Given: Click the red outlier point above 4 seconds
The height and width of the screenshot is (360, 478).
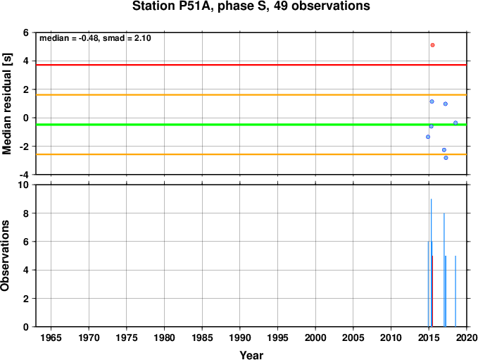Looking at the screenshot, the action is coord(432,45).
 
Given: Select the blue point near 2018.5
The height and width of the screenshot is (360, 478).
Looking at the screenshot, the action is coord(455,123).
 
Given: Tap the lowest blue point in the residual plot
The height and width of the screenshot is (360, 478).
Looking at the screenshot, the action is coord(446,158).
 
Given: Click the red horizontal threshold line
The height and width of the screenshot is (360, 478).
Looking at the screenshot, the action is coord(251,65).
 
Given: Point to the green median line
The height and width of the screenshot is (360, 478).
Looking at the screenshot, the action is coord(251,125).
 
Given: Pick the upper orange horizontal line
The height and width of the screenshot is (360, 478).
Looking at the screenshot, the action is coord(251,95).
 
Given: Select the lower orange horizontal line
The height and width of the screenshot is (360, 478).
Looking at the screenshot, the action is coord(251,154).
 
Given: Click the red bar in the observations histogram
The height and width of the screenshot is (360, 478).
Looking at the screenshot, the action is coord(432,291).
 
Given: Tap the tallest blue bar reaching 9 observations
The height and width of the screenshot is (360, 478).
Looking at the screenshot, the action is coord(431,263).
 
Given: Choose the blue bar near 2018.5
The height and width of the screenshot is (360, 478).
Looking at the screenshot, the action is coord(455,291).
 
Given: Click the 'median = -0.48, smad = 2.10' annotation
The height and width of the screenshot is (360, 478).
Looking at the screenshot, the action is coord(95,38).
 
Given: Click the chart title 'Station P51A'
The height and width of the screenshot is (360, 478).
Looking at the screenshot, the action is coord(170,6).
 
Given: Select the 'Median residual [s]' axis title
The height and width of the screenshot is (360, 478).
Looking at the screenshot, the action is coord(6,104).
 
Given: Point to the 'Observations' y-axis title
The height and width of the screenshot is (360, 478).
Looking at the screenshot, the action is coord(5,256).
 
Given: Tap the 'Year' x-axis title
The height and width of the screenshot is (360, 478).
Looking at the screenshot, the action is coord(251,355).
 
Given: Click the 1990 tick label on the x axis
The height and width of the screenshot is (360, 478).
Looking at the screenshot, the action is coord(240,337).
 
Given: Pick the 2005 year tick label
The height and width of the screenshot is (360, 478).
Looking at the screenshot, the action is coord(353,337).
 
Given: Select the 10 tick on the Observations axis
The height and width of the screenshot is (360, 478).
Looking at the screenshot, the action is coord(23,185).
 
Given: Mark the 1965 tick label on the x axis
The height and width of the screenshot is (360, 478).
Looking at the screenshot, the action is coord(51,337).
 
